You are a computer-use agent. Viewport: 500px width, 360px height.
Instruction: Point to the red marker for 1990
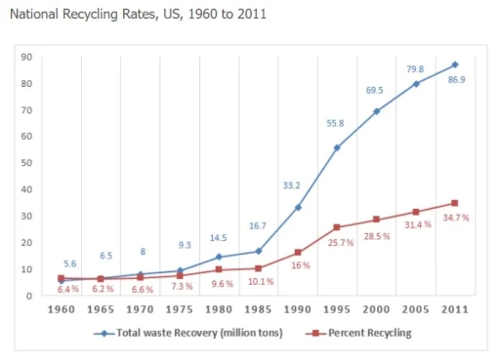[298, 253]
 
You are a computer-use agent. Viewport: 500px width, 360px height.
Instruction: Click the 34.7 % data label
[454, 218]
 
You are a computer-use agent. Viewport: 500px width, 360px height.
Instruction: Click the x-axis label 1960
[61, 309]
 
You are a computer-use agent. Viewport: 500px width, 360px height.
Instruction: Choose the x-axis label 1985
[257, 309]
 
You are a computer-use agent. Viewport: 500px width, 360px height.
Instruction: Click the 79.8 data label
[415, 68]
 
